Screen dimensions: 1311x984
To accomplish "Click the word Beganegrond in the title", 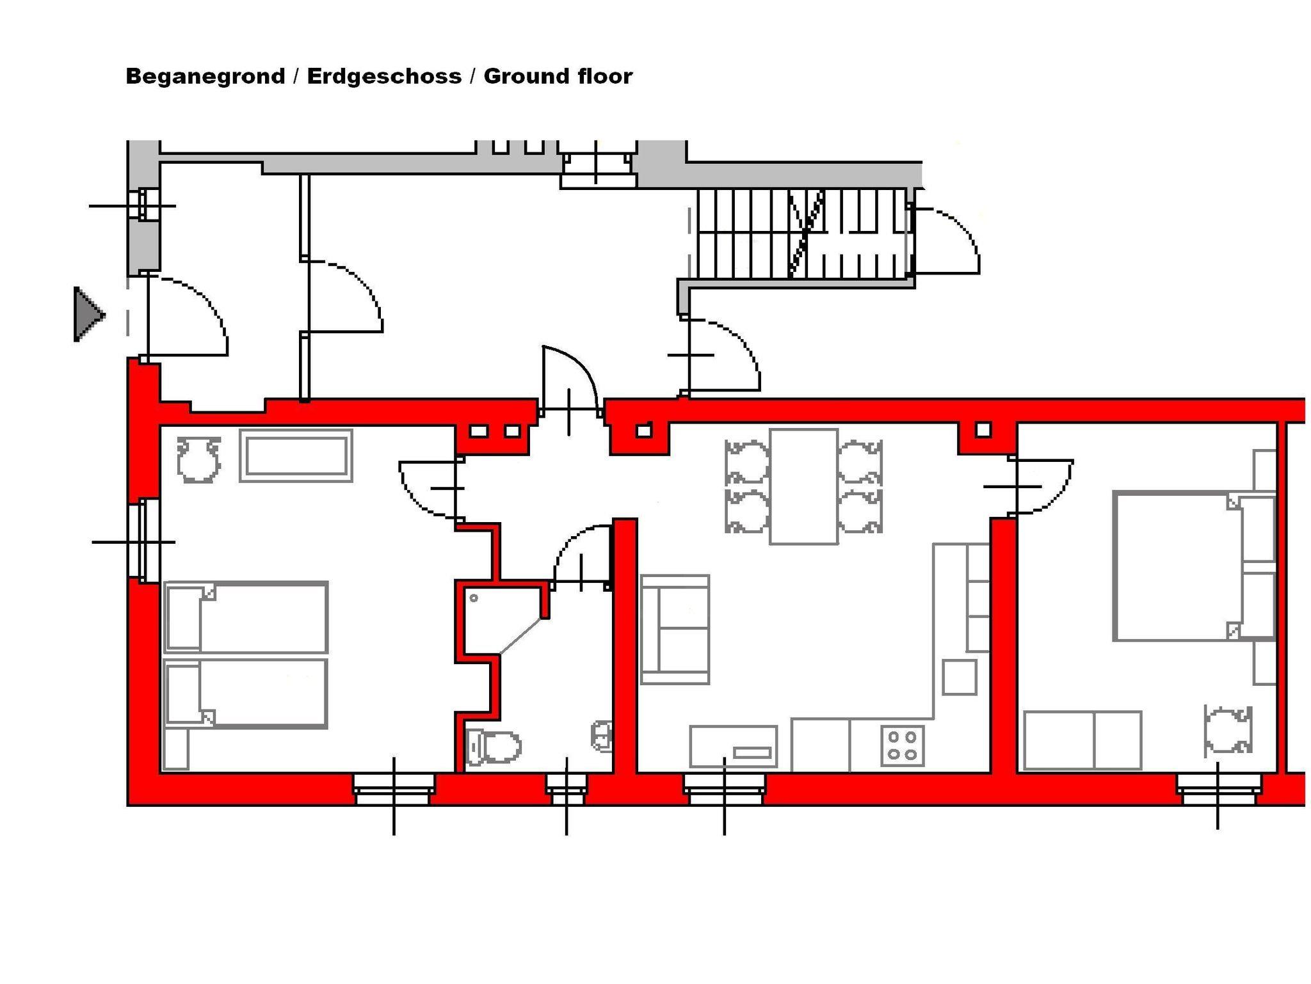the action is click(x=205, y=76).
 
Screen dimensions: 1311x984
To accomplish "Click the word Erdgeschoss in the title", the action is click(x=384, y=76).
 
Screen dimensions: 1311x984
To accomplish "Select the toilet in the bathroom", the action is click(x=494, y=746).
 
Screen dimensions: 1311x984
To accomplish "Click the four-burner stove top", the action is click(x=903, y=745).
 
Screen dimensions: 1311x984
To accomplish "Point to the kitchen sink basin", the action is click(x=734, y=747).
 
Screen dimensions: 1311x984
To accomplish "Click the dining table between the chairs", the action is click(x=804, y=486).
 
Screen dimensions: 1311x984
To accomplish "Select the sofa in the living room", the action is click(x=675, y=630).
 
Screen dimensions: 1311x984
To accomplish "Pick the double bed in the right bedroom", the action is click(x=1194, y=566).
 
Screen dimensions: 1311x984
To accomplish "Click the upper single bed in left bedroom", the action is click(x=246, y=617).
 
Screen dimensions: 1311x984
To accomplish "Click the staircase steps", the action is click(x=803, y=233).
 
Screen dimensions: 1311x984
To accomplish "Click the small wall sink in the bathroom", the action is click(x=602, y=735).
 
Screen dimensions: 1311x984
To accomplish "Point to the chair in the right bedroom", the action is click(x=1228, y=730).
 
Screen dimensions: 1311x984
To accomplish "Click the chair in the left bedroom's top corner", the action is click(x=199, y=459).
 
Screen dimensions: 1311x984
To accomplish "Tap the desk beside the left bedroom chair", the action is click(x=296, y=455).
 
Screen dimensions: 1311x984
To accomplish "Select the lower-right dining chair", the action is click(x=860, y=511).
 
